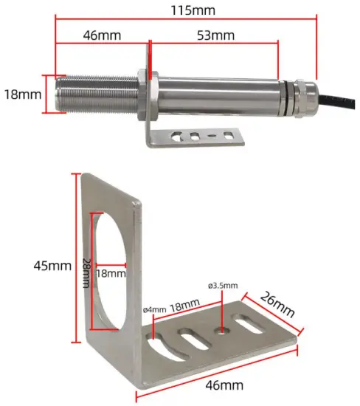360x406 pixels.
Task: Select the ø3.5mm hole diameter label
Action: click(x=222, y=286)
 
